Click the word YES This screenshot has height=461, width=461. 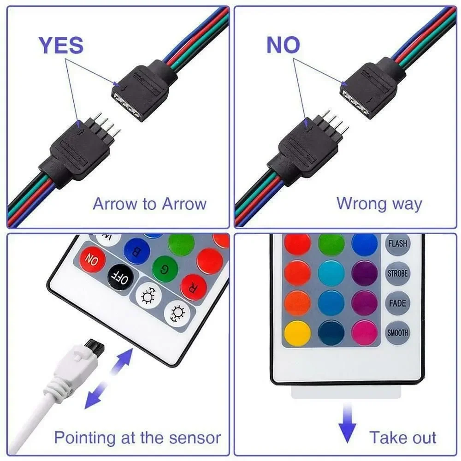tap(61, 45)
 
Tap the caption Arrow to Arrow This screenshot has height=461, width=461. tap(150, 204)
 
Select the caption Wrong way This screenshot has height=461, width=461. tap(379, 204)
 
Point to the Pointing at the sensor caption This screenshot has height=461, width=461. tap(137, 437)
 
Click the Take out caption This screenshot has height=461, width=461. tap(402, 437)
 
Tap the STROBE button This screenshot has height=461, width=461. tap(397, 273)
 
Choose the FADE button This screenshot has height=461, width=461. tap(397, 303)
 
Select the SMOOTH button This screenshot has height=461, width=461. tap(397, 333)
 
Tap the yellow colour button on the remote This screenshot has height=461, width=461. tap(297, 333)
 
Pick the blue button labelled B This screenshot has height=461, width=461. tap(137, 251)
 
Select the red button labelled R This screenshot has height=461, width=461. tap(194, 287)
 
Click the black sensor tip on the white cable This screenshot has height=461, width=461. tap(95, 346)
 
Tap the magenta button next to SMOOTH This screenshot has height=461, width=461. tap(365, 333)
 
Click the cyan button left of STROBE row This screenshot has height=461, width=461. tap(331, 273)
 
